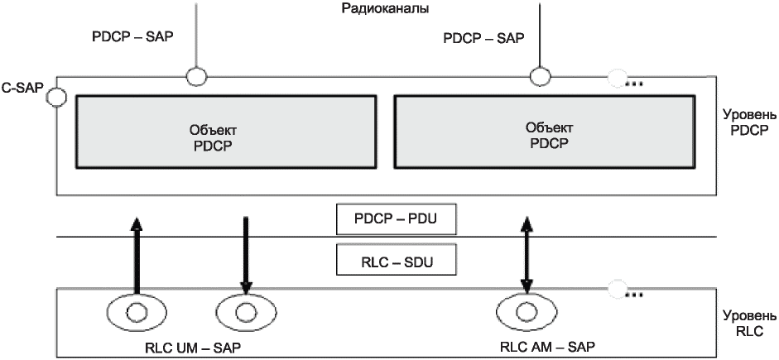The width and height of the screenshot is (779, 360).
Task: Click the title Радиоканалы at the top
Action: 385,8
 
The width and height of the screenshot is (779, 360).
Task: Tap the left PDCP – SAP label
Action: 133,37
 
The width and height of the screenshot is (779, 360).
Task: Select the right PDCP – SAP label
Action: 483,38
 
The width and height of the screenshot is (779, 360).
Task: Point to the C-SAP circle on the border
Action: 56,97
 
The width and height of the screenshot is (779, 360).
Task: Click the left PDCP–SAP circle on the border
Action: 197,77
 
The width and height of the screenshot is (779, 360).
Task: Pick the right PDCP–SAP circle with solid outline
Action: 540,77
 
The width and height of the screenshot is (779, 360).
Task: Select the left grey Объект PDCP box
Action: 226,132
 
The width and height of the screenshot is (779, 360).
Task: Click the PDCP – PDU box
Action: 396,218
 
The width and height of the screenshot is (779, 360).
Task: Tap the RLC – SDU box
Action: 396,259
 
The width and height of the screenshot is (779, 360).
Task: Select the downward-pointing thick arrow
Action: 246,255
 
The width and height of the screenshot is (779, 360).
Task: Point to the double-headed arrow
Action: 527,255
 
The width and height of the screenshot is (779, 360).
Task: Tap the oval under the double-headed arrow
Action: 525,313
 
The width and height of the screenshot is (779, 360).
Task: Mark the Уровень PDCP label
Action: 750,127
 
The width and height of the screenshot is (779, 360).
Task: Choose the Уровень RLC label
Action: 750,324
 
